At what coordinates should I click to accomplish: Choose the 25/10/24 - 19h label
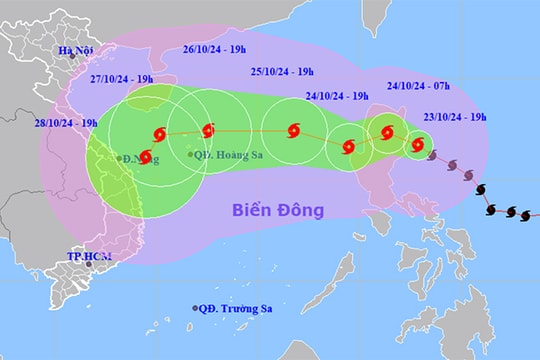click(x=282, y=71)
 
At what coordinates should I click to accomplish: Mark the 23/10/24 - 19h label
click(x=455, y=116)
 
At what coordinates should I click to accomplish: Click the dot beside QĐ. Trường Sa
click(x=196, y=308)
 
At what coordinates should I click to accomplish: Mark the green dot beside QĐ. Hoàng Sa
click(x=191, y=154)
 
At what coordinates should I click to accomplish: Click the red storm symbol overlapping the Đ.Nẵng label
click(x=147, y=156)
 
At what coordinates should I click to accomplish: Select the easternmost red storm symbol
click(x=418, y=147)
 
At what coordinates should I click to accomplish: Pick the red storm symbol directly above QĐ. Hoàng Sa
click(x=208, y=130)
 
